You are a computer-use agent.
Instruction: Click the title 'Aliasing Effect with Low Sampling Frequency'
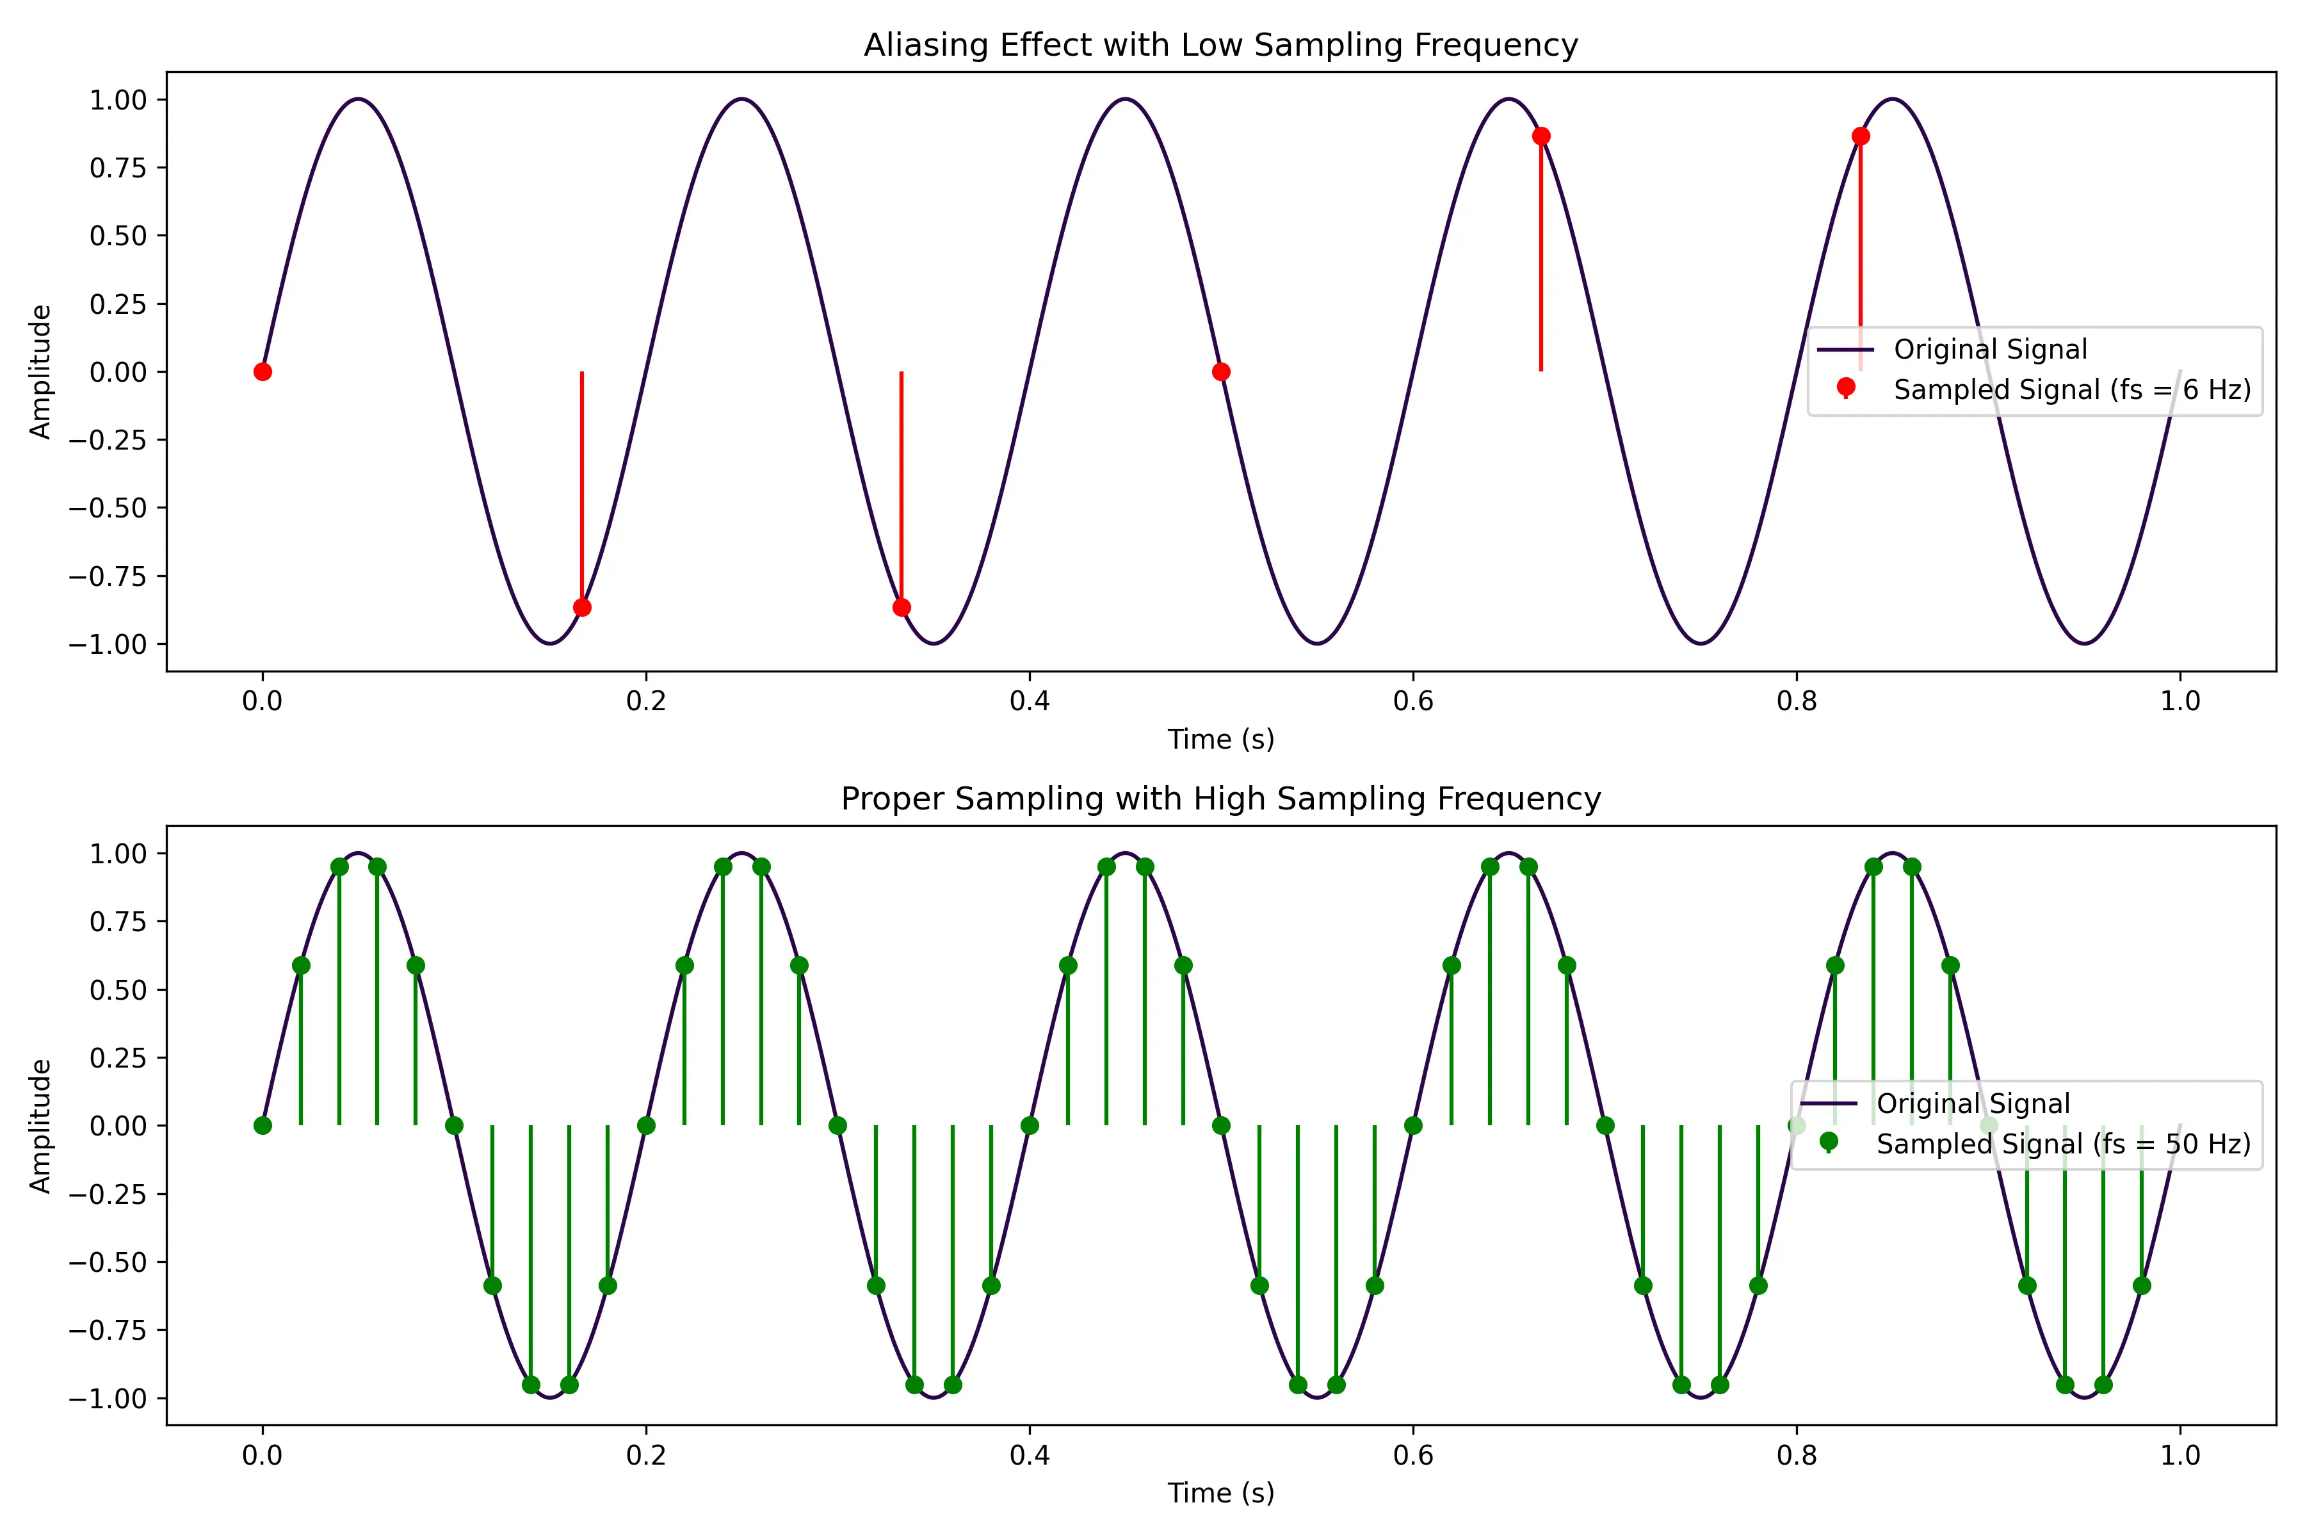point(1220,45)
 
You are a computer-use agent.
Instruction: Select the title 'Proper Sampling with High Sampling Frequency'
point(1220,799)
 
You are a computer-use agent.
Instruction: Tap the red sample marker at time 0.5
point(1221,371)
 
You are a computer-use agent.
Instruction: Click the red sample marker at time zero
point(262,371)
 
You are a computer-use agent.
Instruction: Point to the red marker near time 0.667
point(1541,136)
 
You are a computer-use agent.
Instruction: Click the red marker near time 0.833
point(1860,136)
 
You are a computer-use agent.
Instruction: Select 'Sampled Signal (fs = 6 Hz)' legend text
point(2072,390)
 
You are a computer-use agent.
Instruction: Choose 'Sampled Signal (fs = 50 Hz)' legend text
point(2063,1144)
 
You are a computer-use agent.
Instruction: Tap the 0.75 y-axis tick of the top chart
point(118,168)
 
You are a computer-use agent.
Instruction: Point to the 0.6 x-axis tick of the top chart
point(1412,701)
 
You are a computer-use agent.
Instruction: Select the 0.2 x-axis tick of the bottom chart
point(646,1454)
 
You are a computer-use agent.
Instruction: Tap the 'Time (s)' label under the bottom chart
point(1220,1493)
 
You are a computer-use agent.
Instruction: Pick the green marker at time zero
point(262,1125)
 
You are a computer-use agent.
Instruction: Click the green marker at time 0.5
point(1221,1125)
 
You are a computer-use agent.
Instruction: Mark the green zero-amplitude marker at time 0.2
point(646,1125)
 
